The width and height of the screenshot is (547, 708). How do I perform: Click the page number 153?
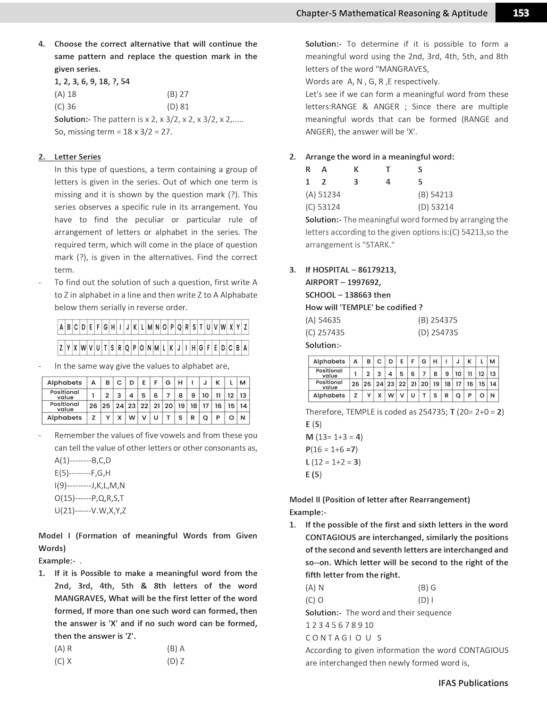(521, 13)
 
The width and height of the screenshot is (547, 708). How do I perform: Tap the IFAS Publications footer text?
(473, 683)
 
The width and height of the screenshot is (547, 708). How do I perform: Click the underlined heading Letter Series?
(77, 157)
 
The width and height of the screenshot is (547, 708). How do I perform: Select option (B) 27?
(177, 94)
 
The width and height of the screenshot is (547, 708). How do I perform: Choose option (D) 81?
(177, 107)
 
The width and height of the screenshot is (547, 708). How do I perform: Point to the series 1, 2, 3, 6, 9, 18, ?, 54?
(92, 82)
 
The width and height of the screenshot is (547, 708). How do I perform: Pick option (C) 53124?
(323, 207)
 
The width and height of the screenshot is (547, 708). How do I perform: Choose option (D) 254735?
(438, 332)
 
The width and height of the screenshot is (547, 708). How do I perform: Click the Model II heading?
(379, 499)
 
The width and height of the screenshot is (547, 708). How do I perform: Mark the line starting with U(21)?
(90, 510)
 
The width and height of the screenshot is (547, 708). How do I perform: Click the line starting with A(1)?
(83, 460)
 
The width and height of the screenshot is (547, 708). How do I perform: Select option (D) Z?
(176, 661)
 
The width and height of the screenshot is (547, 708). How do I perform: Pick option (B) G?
(427, 588)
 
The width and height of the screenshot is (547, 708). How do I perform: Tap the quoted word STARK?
(379, 244)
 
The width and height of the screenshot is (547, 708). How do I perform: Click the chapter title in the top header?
(392, 13)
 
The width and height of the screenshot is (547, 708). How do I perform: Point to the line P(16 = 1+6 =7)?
(331, 449)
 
